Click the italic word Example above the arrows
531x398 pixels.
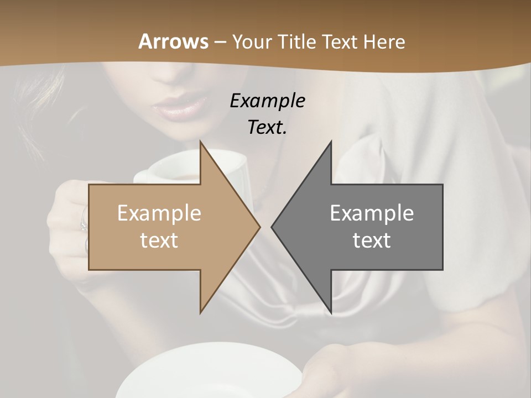click(x=267, y=101)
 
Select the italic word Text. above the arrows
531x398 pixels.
click(x=267, y=127)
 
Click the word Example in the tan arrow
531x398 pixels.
click(x=159, y=213)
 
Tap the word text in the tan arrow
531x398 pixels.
click(x=159, y=240)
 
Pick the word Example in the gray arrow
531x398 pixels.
click(x=372, y=213)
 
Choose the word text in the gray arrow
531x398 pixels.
click(x=372, y=240)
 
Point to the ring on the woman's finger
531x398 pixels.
click(x=84, y=223)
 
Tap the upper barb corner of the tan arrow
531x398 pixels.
click(x=200, y=142)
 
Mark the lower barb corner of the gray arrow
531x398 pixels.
click(x=331, y=312)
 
